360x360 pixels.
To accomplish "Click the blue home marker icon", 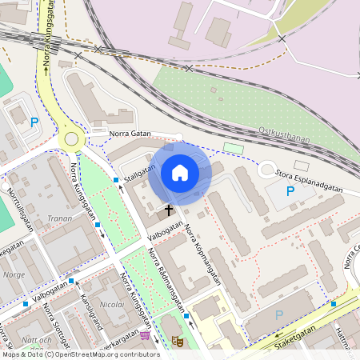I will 180,173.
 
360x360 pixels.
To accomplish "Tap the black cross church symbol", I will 168,211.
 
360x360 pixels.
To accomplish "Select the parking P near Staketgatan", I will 278,315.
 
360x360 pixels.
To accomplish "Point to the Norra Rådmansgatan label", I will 166,281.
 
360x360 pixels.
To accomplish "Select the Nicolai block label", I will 112,305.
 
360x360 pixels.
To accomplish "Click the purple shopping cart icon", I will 144,336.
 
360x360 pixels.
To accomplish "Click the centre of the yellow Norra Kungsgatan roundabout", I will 72,138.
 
